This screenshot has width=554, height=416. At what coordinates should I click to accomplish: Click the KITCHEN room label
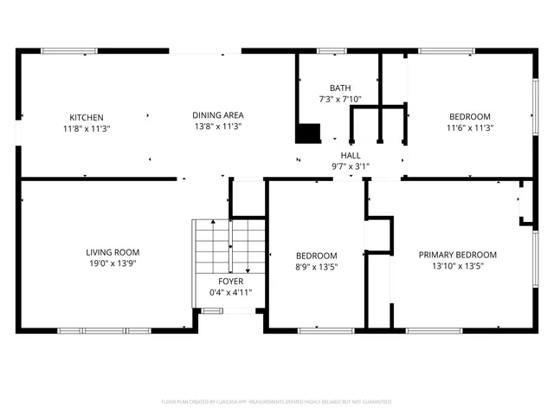87,117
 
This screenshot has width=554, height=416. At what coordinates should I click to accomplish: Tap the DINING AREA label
217,115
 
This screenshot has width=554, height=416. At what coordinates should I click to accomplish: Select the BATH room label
340,88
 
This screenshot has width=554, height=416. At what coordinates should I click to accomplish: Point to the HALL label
351,155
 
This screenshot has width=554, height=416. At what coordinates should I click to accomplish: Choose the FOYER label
230,282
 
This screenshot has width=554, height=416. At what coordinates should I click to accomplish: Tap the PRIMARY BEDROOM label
458,255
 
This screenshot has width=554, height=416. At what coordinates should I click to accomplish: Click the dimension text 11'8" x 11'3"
87,128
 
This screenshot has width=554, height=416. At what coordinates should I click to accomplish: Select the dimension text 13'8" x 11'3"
217,127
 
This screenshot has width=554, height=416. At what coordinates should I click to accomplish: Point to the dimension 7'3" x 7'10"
340,99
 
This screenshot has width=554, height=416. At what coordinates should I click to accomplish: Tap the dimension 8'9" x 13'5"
316,267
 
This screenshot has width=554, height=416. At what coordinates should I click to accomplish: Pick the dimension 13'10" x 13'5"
458,266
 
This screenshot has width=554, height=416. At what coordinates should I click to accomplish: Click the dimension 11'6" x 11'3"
469,128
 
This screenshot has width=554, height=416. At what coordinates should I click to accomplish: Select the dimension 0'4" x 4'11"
230,293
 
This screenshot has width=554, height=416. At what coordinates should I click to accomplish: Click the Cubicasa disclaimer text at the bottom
277,402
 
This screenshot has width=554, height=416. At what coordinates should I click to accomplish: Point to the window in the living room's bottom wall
104,329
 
